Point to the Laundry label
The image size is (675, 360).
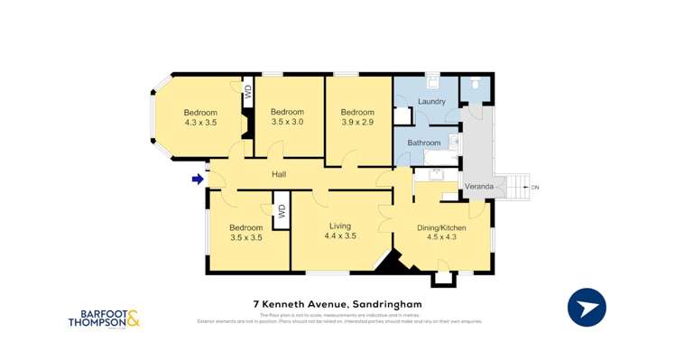tap(431, 101)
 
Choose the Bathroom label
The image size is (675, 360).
tap(424, 143)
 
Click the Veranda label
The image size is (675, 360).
tap(478, 187)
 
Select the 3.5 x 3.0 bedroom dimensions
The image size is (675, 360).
tap(287, 121)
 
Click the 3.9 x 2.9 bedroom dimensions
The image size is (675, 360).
tap(357, 121)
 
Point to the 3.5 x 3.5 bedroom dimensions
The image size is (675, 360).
tap(245, 237)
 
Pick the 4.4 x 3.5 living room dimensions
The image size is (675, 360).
tap(340, 235)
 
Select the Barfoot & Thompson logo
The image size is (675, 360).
tap(105, 318)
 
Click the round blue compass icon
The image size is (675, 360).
tap(587, 307)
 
